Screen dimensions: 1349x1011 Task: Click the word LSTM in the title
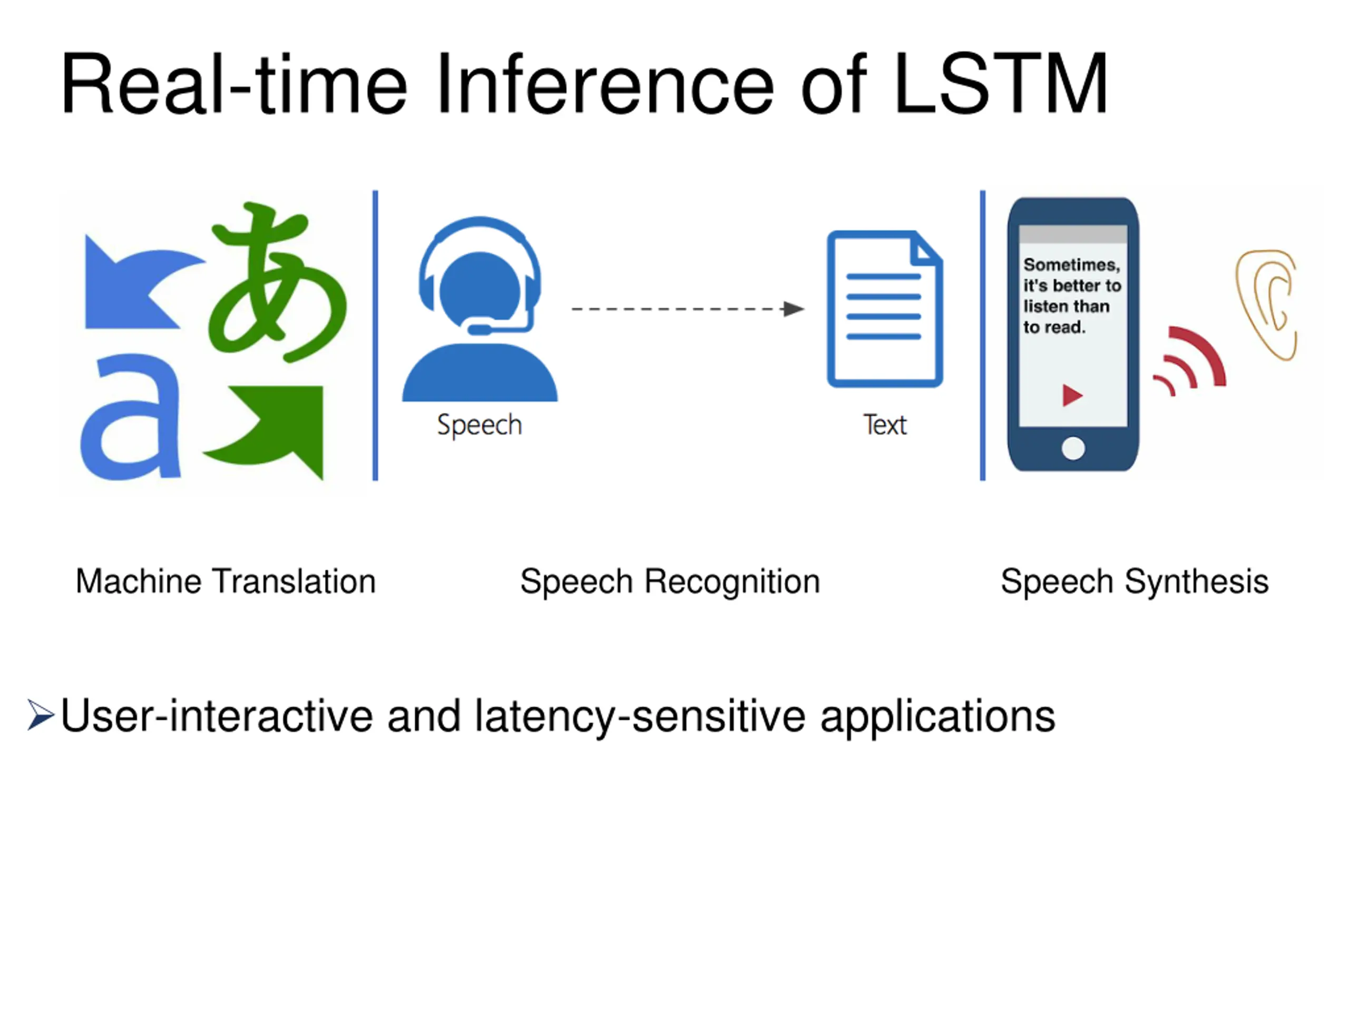(x=1000, y=84)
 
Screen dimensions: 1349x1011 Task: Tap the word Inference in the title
(x=604, y=84)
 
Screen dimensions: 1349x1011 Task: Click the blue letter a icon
(x=131, y=418)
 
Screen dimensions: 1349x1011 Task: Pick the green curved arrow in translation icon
(x=275, y=427)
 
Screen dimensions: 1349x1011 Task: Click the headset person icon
(x=480, y=311)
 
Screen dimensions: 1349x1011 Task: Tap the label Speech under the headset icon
(x=480, y=425)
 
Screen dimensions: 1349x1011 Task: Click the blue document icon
(x=884, y=309)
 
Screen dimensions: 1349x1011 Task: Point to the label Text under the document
(x=884, y=425)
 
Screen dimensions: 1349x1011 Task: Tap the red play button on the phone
(x=1071, y=395)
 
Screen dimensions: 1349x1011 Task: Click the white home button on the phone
(x=1073, y=449)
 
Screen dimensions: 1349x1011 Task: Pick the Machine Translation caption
(x=226, y=581)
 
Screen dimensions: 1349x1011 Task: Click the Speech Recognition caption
(x=670, y=581)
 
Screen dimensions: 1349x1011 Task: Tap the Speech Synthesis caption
(x=1135, y=581)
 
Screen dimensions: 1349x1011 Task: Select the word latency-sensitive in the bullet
(x=640, y=716)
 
